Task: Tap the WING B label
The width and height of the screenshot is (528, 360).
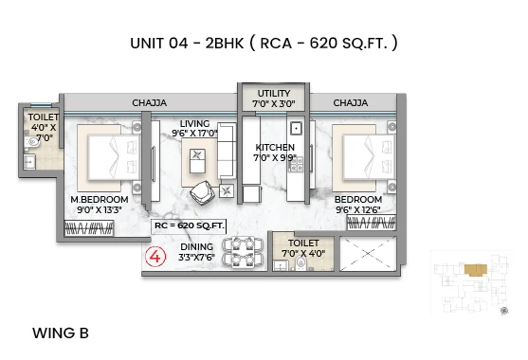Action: click(61, 333)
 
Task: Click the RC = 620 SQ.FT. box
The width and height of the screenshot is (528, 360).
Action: click(189, 225)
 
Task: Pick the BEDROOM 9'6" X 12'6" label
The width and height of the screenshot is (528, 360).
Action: click(357, 205)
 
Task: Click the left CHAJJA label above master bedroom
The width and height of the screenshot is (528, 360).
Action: click(149, 102)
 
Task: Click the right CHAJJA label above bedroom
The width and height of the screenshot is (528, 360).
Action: click(350, 102)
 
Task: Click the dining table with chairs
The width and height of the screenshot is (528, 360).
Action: click(242, 251)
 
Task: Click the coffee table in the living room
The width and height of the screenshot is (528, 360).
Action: click(198, 162)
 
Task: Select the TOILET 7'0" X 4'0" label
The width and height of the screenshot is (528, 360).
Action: click(303, 248)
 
